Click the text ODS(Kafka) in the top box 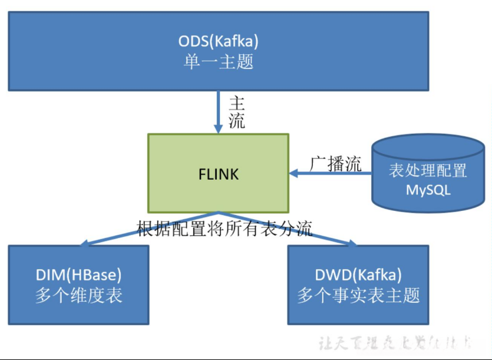point(219,42)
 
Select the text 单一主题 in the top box point(219,62)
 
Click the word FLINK point(218,174)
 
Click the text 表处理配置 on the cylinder point(428,171)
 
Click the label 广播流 point(336,164)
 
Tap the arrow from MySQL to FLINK point(330,173)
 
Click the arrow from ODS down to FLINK point(218,112)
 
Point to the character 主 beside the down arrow point(236,102)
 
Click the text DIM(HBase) point(78,275)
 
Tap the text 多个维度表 point(78,295)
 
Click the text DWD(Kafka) point(358,275)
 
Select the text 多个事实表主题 point(358,295)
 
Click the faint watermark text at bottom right point(395,343)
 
